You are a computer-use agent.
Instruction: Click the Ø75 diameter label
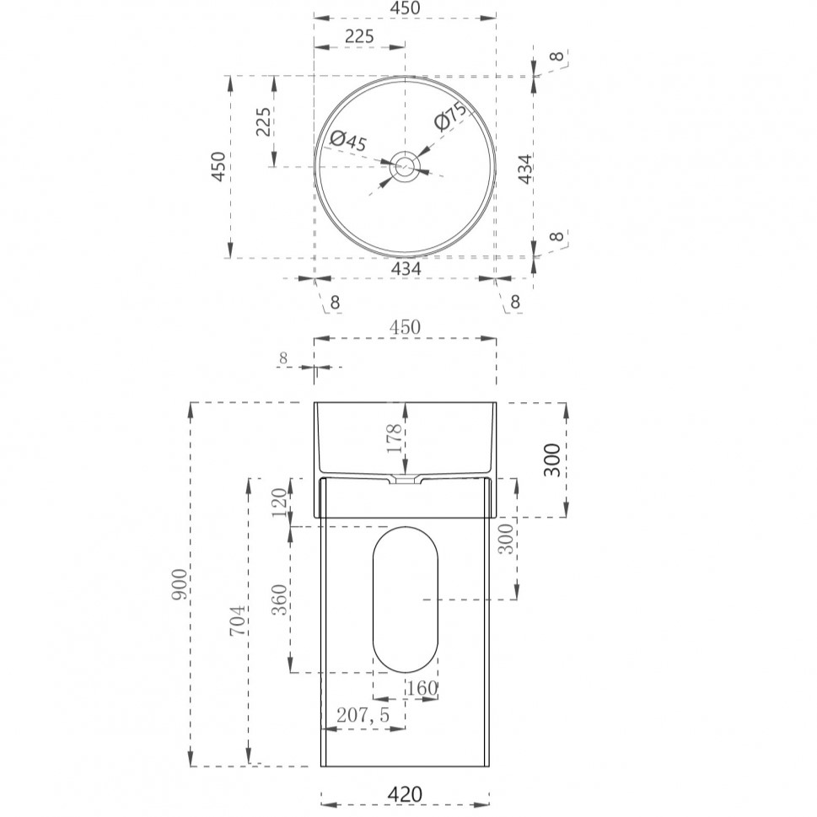[x=450, y=116]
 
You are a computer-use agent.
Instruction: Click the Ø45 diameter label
[x=348, y=140]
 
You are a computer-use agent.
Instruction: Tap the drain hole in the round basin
[x=405, y=167]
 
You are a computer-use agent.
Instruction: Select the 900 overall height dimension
[x=180, y=584]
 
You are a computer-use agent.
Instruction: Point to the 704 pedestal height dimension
[x=238, y=620]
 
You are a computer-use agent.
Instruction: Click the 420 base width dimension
[x=405, y=794]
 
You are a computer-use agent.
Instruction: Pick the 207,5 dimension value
[x=363, y=715]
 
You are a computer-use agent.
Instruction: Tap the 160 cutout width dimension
[x=422, y=688]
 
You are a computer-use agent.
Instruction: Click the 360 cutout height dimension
[x=280, y=599]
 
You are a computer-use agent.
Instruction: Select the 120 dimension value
[x=280, y=502]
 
